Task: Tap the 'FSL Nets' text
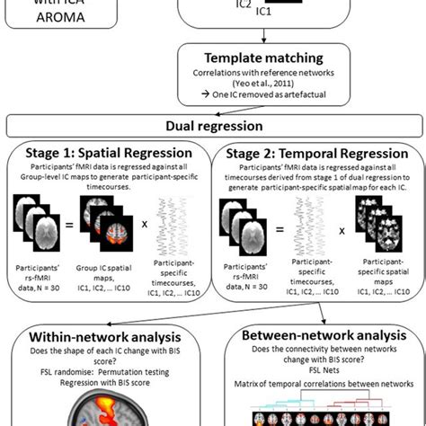(x=319, y=377)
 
